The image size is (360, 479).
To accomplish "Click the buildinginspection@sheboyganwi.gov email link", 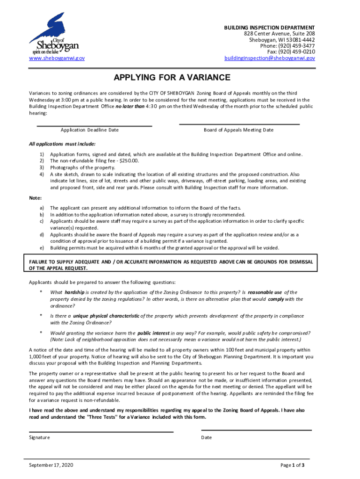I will (x=269, y=58).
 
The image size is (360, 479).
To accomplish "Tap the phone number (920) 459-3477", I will (x=295, y=46).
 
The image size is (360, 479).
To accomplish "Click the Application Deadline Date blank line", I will (x=94, y=125).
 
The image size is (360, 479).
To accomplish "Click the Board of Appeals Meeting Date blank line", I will (x=239, y=124).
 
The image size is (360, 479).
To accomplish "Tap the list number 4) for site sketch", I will (x=42, y=174).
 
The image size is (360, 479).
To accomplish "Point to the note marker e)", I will (x=42, y=247).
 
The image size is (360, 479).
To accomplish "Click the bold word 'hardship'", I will (x=74, y=292).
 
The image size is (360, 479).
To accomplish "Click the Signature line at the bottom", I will (x=101, y=431).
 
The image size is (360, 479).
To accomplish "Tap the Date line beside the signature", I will (x=256, y=429).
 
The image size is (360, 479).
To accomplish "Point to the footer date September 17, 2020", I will (x=51, y=465).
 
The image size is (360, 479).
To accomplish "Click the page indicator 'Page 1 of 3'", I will (x=292, y=465).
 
